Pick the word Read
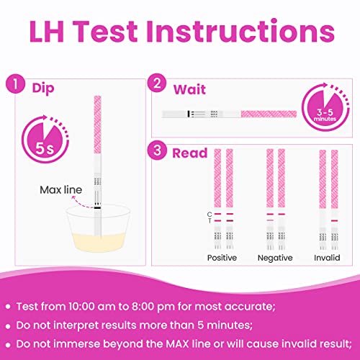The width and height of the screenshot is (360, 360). (190, 153)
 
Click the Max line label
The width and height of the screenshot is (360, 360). (61, 190)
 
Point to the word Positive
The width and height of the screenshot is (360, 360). (222, 258)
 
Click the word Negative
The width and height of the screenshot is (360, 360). (275, 258)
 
